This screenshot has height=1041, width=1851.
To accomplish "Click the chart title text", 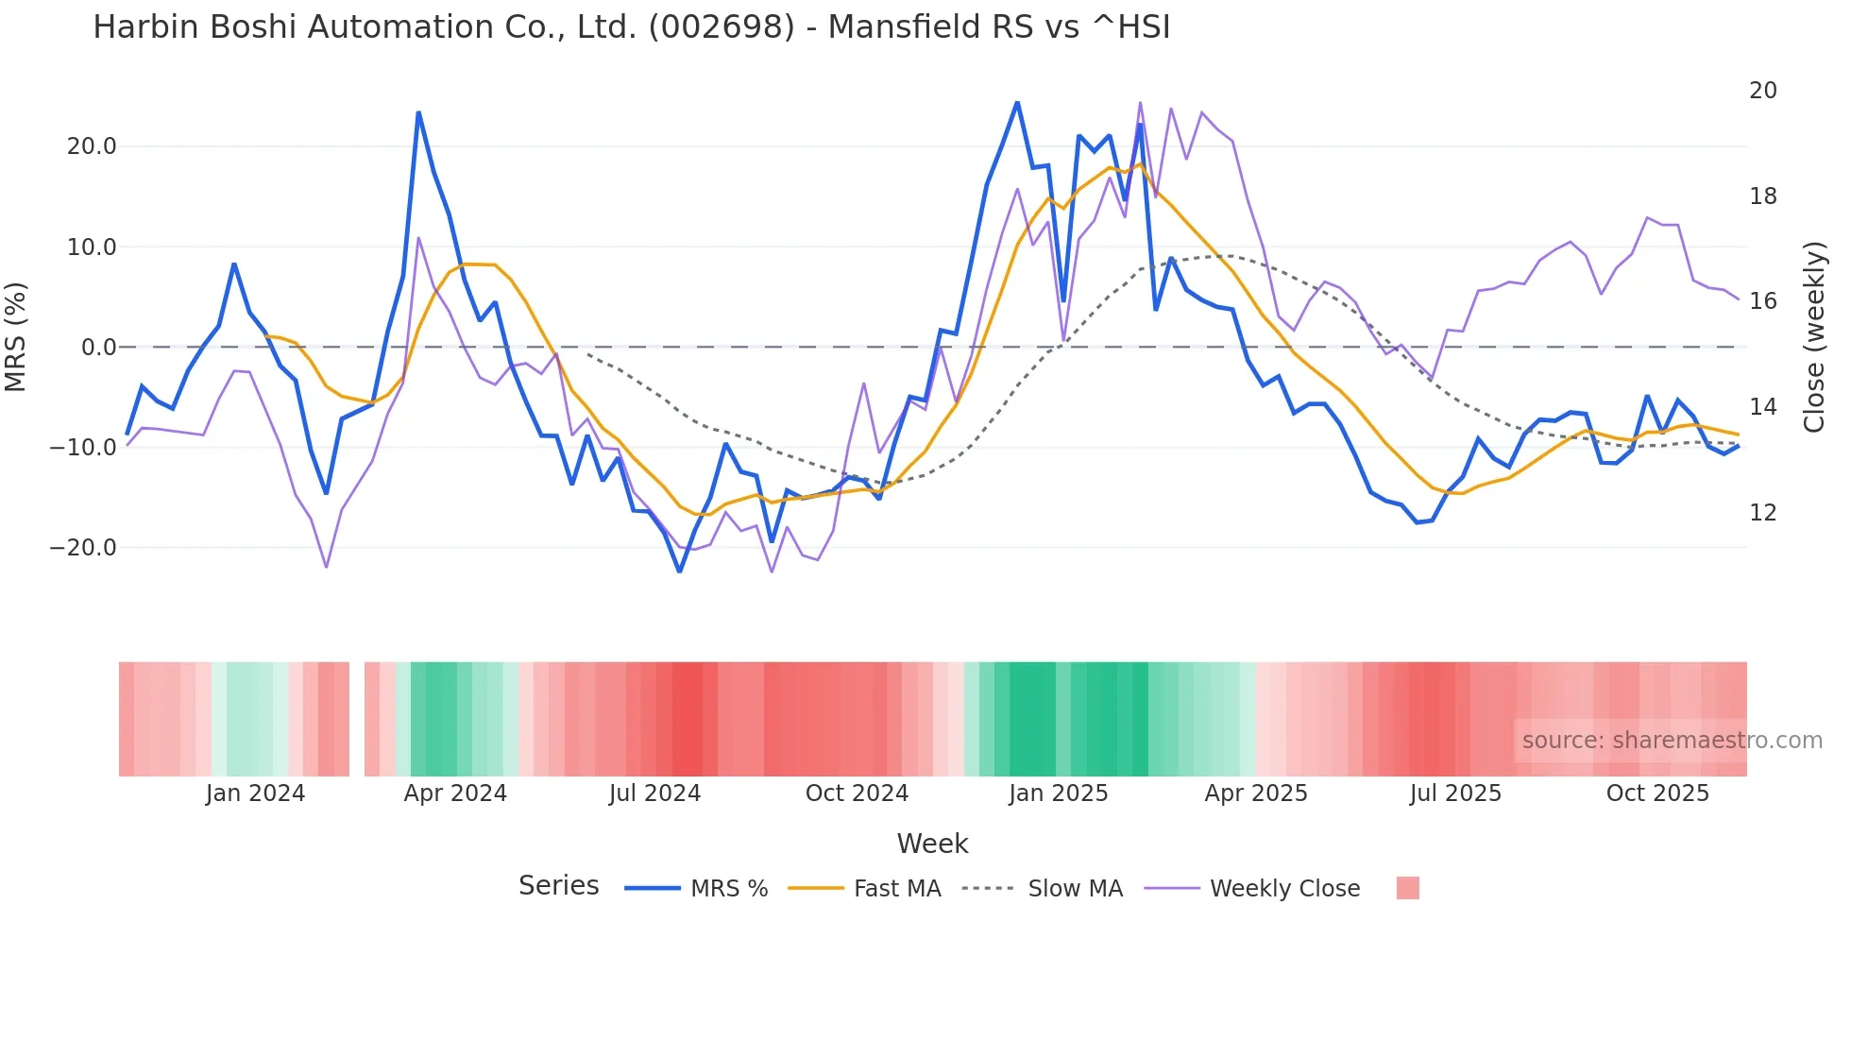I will pyautogui.click(x=631, y=27).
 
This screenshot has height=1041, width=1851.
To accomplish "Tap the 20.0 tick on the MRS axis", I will pyautogui.click(x=92, y=146).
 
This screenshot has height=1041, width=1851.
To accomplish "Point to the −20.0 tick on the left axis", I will pyautogui.click(x=83, y=548).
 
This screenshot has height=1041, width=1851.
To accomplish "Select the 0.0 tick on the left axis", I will pyautogui.click(x=98, y=348).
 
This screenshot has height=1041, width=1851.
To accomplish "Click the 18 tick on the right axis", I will pyautogui.click(x=1762, y=196).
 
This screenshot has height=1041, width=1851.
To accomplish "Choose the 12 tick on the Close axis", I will pyautogui.click(x=1762, y=513).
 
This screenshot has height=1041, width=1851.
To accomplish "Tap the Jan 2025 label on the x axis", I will pyautogui.click(x=1058, y=794).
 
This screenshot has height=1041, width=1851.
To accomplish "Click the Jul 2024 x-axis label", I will pyautogui.click(x=654, y=794).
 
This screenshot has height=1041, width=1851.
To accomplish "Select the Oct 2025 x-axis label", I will pyautogui.click(x=1657, y=794).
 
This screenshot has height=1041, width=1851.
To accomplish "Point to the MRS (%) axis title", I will pyautogui.click(x=16, y=336).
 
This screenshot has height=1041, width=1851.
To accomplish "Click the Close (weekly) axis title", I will pyautogui.click(x=1814, y=337).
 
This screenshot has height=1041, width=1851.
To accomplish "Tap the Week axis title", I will pyautogui.click(x=932, y=844).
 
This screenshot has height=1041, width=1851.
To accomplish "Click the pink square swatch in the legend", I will pyautogui.click(x=1407, y=888).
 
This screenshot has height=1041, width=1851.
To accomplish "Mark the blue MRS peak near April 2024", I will pyautogui.click(x=418, y=113).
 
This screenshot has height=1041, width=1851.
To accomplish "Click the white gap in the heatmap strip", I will pyautogui.click(x=357, y=719).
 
